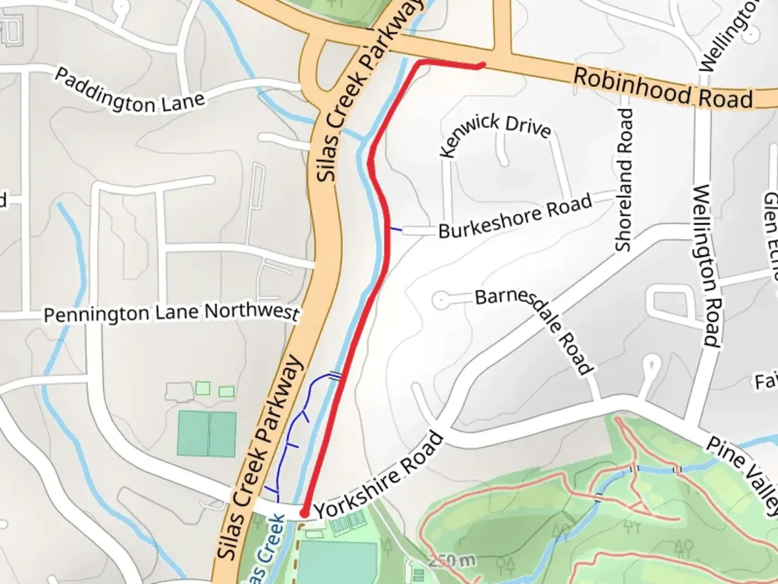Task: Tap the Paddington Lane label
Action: [130, 91]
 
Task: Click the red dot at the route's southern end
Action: [304, 512]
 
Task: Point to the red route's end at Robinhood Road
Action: [482, 65]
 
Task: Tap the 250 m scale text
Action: [452, 561]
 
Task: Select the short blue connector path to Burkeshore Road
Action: [396, 230]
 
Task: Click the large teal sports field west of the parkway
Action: [206, 434]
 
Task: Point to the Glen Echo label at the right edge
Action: [770, 227]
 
